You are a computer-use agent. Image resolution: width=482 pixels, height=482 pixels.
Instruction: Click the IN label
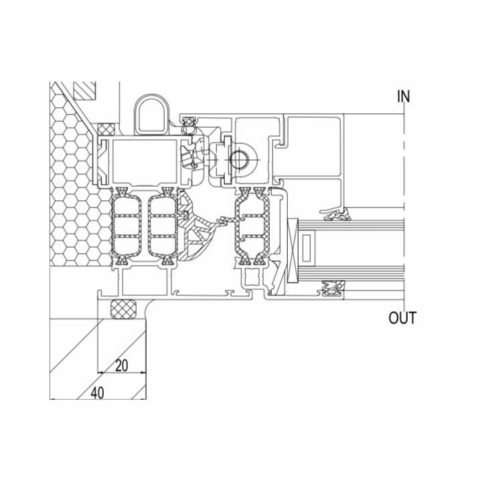[x=404, y=96]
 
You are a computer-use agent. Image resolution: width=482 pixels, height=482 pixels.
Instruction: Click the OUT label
[x=402, y=317]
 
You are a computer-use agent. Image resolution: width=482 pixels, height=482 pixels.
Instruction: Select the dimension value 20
[x=121, y=366]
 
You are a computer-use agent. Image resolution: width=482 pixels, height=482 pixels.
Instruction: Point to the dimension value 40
[x=98, y=393]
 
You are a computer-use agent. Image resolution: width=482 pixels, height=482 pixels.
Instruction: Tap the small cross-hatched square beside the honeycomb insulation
[x=106, y=129]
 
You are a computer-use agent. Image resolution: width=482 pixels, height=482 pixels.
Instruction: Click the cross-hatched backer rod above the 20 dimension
[x=123, y=309]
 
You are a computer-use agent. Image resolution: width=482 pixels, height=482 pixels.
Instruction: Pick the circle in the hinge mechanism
[x=239, y=159]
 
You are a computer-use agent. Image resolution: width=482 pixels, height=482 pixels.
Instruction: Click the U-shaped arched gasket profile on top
[x=151, y=114]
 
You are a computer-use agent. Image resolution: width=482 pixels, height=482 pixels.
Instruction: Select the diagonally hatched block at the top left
[x=85, y=90]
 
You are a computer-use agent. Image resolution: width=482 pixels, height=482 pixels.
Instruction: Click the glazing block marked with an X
[x=293, y=250]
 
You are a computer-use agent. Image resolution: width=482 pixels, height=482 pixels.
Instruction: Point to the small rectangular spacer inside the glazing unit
[x=306, y=248]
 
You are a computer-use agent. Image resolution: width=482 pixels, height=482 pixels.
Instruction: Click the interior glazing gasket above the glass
[x=337, y=215]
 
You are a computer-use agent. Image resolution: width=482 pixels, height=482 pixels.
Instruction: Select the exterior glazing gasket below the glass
[x=333, y=289]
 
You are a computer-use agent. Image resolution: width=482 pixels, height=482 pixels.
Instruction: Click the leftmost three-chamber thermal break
[x=126, y=226]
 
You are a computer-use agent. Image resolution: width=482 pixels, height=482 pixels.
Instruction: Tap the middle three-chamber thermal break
[x=163, y=226]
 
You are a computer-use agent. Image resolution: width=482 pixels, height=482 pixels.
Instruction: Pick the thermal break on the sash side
[x=252, y=226]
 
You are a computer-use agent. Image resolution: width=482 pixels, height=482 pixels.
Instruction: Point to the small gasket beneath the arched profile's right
[x=188, y=125]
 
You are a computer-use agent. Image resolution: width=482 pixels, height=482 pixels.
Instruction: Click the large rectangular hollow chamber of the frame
[x=145, y=161]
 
